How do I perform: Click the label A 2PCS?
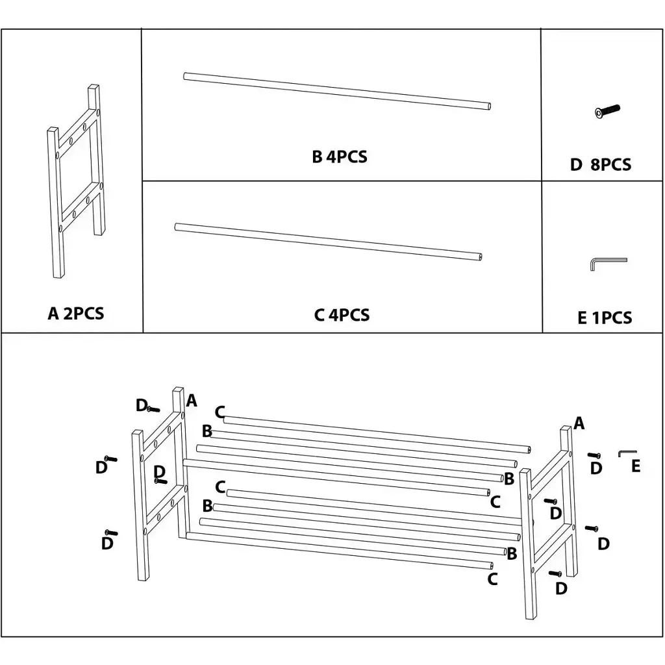76,314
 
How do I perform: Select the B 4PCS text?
339,157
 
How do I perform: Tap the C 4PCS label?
342,315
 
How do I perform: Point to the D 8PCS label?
600,165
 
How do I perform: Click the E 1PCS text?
604,318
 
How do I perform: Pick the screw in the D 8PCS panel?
607,112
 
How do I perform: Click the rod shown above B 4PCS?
336,90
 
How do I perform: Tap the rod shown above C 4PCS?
328,240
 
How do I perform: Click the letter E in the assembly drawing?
636,466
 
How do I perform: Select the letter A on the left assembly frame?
192,401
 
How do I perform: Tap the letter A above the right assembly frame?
579,424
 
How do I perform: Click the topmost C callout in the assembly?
220,412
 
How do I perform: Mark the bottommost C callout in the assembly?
492,579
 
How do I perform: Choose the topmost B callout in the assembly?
207,431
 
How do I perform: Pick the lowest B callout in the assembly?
511,554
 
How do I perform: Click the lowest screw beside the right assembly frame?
555,573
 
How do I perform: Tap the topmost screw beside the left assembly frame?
153,409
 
